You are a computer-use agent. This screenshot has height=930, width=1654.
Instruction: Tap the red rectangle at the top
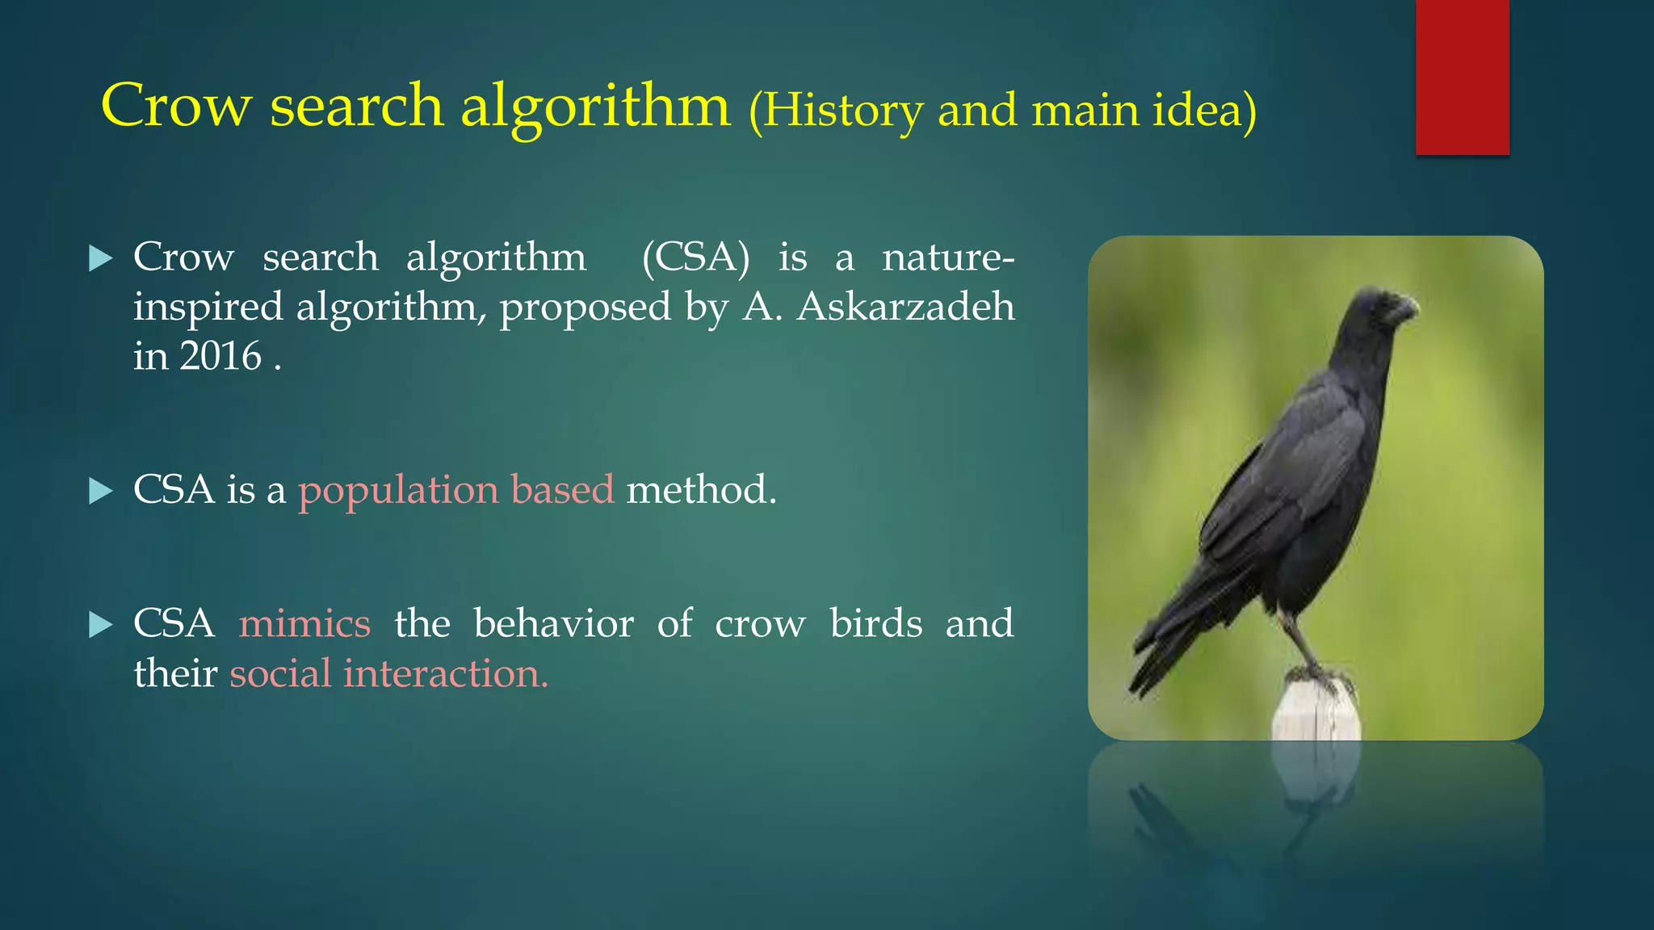[x=1462, y=77]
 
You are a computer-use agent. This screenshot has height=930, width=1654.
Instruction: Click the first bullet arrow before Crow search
[x=100, y=259]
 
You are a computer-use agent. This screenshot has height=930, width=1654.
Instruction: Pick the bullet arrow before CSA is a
[x=100, y=491]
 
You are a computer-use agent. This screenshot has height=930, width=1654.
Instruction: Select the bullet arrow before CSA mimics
[x=100, y=624]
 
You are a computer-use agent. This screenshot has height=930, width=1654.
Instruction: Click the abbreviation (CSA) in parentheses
[x=695, y=259]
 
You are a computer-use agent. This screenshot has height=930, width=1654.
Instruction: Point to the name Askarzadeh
[x=905, y=308]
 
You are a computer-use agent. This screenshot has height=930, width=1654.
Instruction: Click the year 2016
[x=220, y=357]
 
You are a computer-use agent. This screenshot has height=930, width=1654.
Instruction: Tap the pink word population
[x=399, y=491]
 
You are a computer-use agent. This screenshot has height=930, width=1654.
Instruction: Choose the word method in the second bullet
[x=700, y=491]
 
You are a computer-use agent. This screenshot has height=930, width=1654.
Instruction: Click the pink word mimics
[x=304, y=624]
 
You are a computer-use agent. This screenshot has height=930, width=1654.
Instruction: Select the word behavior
[x=553, y=624]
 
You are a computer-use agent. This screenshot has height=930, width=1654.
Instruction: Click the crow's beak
[x=1406, y=309]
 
